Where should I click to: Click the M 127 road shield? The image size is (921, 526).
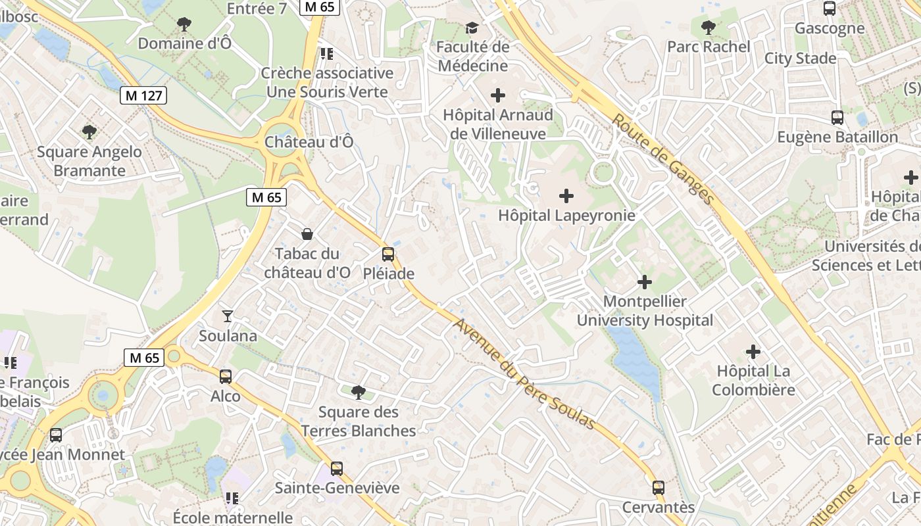[144, 95]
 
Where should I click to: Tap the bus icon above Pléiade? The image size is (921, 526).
[388, 254]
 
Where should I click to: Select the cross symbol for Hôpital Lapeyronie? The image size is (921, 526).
[566, 196]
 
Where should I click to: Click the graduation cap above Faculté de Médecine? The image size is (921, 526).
[472, 28]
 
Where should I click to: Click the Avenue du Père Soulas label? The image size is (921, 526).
[524, 374]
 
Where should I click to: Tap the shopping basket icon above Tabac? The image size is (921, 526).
[307, 234]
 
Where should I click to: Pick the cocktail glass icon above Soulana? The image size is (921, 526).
[228, 316]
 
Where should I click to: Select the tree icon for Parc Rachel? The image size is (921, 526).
[708, 28]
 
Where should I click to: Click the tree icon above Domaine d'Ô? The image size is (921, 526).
[184, 24]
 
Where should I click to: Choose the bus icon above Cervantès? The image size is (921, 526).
[659, 488]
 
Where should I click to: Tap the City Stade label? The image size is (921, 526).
[800, 59]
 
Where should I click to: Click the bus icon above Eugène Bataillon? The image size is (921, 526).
[837, 118]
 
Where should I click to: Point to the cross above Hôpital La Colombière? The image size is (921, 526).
[753, 352]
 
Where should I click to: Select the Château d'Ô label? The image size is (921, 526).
[309, 142]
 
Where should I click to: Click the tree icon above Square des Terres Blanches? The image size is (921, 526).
[359, 393]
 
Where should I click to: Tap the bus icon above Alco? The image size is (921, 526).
[226, 377]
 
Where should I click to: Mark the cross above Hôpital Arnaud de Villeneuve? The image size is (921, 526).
[498, 95]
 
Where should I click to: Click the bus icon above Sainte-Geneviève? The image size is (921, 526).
[337, 469]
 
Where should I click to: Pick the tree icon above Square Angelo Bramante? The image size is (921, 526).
[89, 132]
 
